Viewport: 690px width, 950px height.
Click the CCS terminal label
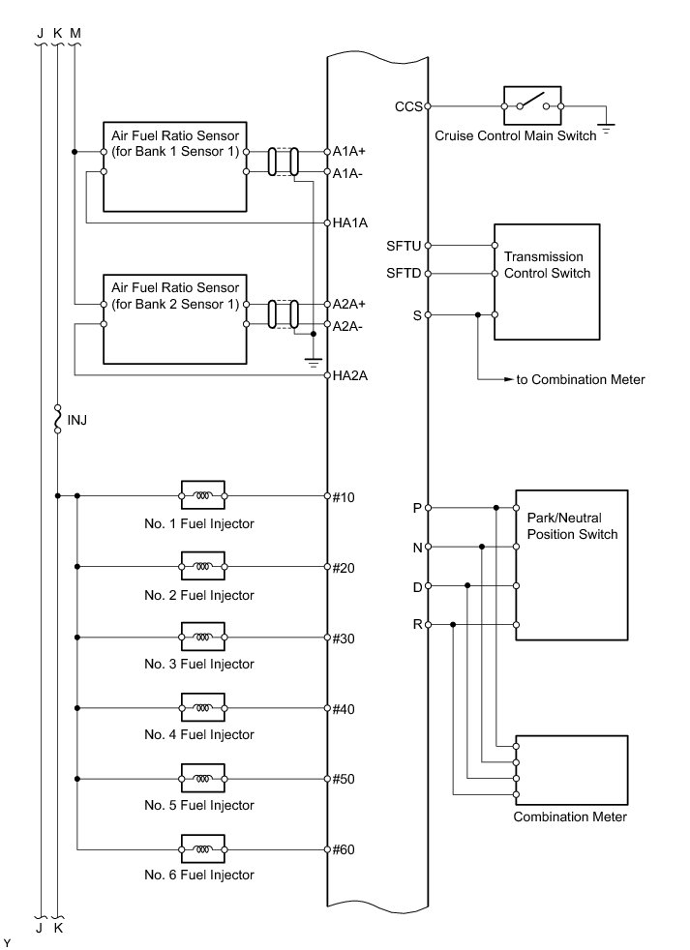[x=408, y=106]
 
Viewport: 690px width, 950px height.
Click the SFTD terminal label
[x=404, y=274]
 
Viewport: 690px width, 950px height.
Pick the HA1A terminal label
[x=349, y=223]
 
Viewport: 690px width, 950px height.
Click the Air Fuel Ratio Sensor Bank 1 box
[x=174, y=165]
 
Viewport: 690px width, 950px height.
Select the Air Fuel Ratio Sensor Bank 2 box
[x=174, y=318]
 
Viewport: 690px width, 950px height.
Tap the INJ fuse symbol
[x=58, y=420]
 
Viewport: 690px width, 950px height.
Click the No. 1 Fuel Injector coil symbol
[x=202, y=497]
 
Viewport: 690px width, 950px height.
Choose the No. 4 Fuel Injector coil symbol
[x=202, y=709]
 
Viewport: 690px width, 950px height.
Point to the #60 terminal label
[x=344, y=850]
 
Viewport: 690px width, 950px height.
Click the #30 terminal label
[x=344, y=638]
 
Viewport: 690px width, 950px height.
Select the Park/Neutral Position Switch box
[x=571, y=565]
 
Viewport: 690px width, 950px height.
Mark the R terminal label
[x=417, y=625]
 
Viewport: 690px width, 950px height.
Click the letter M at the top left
[x=76, y=33]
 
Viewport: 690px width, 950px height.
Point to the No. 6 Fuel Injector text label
[x=199, y=875]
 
